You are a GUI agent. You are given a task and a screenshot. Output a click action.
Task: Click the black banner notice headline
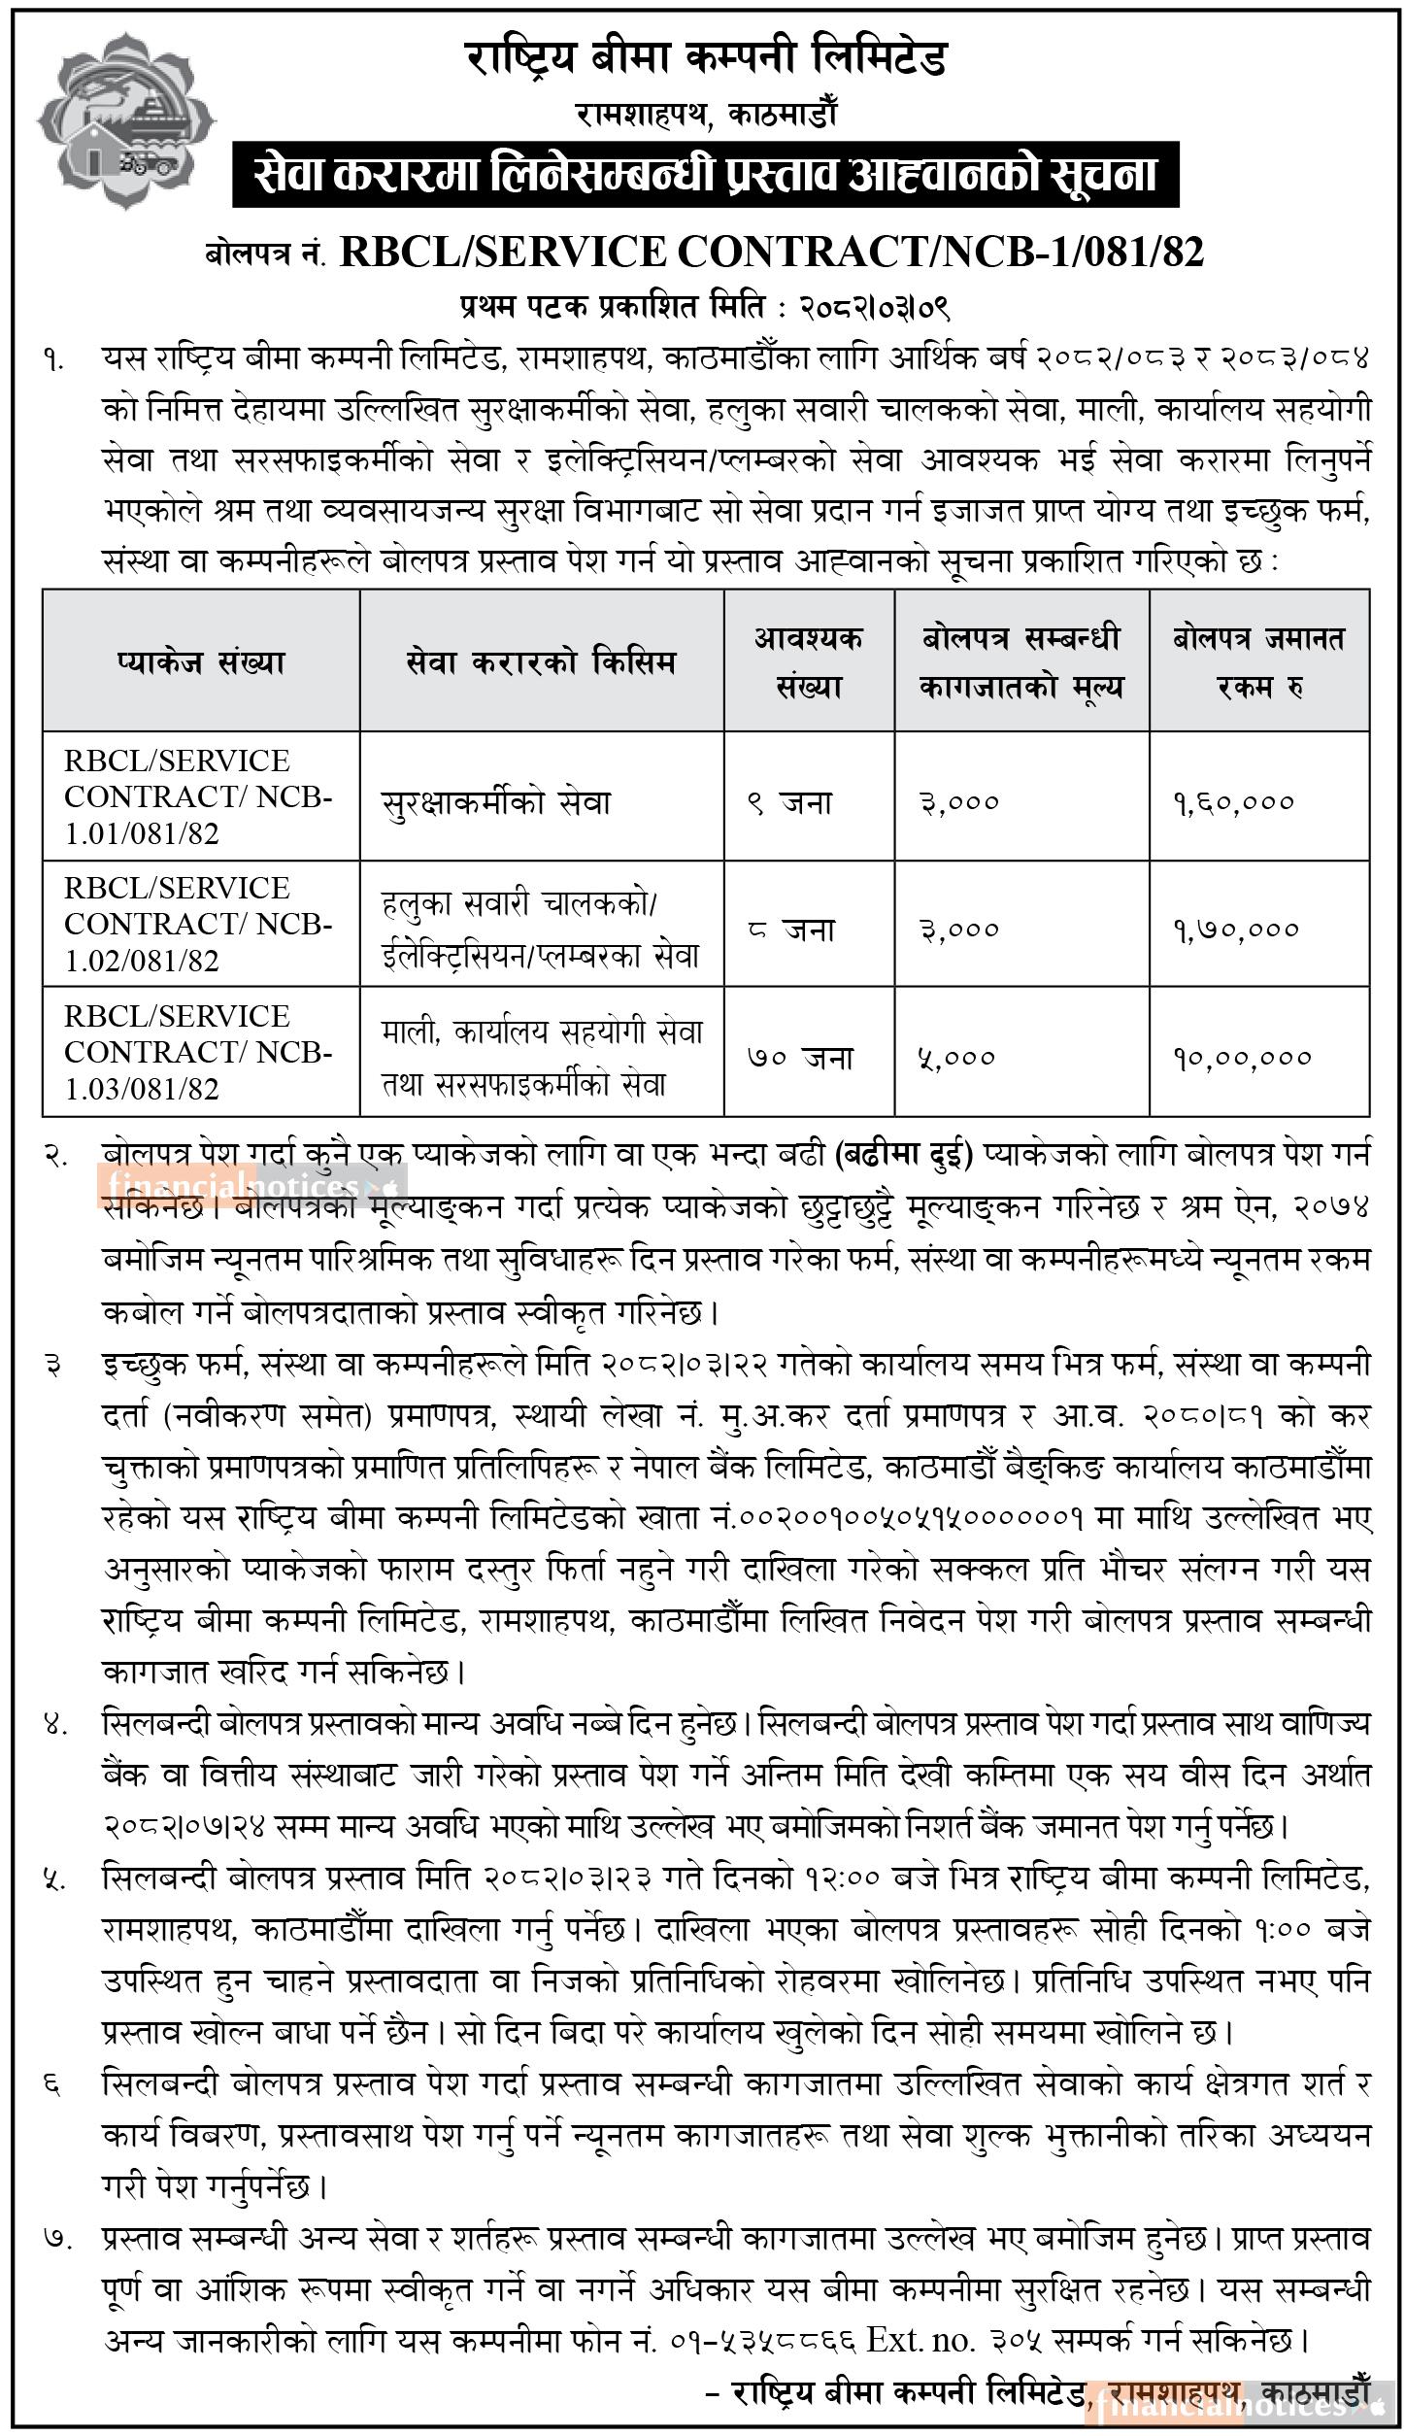pos(705,176)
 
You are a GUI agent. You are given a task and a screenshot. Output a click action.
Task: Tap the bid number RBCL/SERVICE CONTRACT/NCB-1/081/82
pos(772,253)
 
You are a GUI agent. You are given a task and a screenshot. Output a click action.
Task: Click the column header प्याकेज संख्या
pos(200,662)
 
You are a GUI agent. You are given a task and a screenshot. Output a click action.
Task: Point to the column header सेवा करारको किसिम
pos(541,662)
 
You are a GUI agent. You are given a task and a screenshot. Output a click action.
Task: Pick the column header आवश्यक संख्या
pos(808,662)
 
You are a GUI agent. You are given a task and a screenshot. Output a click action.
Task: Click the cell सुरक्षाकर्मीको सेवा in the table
pos(496,802)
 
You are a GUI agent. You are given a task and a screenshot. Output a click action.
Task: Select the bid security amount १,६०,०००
pos(1233,802)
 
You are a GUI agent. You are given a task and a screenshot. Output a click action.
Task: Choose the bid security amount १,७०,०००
pos(1235,930)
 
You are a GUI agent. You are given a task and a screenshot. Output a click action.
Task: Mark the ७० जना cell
pos(800,1057)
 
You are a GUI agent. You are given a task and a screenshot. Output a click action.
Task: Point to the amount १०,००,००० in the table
pos(1242,1057)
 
